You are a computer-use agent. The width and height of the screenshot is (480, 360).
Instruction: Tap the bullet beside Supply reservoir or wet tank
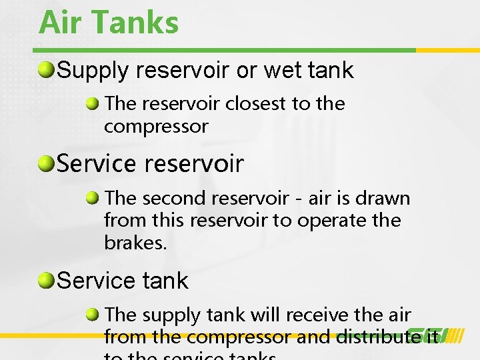tap(47, 70)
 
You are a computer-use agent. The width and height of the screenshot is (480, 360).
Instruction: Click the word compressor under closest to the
tap(156, 126)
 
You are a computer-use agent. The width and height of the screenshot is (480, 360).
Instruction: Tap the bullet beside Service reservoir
tap(47, 164)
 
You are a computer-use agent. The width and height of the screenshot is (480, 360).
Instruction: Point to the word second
tap(175, 198)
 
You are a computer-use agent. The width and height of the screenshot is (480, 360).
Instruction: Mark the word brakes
tap(135, 243)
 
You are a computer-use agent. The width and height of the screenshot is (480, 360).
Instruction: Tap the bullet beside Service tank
tap(47, 281)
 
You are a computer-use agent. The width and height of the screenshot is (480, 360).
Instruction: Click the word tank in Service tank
tap(165, 281)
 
